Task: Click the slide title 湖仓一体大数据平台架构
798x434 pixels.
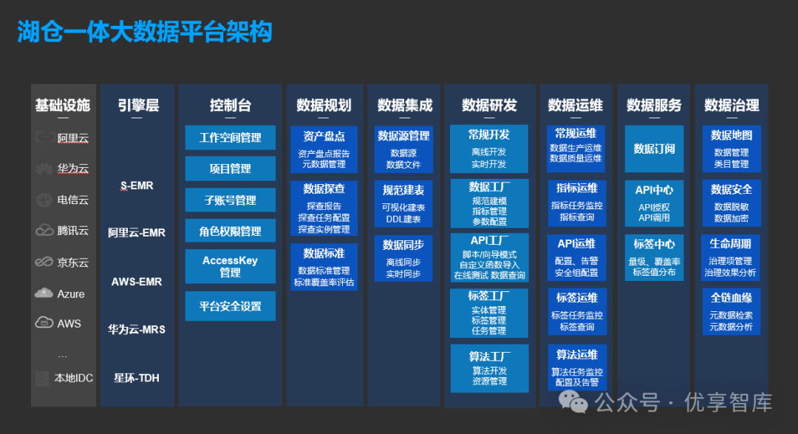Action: [145, 32]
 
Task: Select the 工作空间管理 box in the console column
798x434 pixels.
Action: [230, 138]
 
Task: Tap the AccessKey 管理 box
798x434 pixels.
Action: [230, 266]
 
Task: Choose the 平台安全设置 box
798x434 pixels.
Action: [230, 306]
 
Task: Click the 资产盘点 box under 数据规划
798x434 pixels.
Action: [324, 149]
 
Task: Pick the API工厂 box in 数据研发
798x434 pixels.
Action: [489, 257]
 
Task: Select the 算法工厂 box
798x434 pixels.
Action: [489, 368]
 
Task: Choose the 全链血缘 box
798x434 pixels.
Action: [731, 311]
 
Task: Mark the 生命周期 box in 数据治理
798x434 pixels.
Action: [731, 257]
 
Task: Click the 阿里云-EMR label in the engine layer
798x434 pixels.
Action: [137, 233]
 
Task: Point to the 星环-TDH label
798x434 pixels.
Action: [137, 378]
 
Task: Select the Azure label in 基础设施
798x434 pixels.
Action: [71, 294]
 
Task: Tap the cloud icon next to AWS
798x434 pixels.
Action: [44, 322]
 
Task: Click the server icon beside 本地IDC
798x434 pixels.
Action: [42, 378]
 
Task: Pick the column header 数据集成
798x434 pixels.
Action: [404, 106]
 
